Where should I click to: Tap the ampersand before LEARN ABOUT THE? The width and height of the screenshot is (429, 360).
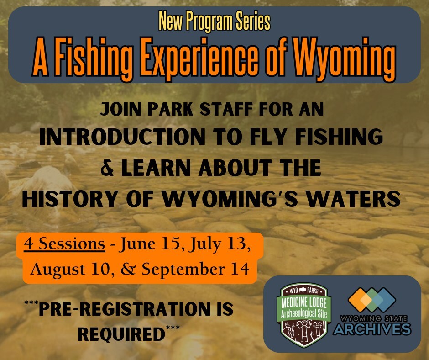point(106,168)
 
